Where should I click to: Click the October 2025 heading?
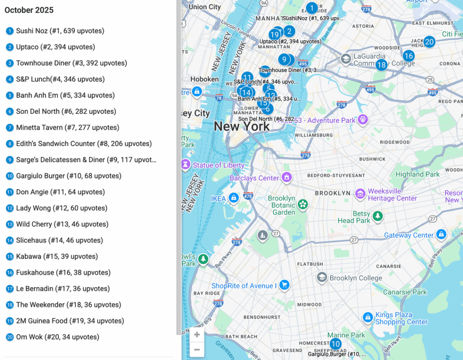[29, 10]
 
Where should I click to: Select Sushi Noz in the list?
[60, 31]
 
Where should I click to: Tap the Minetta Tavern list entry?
[67, 128]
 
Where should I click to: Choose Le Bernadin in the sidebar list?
[63, 289]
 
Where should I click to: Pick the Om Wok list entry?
[57, 337]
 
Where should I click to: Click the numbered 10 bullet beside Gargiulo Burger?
[9, 176]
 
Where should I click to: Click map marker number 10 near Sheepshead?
[335, 344]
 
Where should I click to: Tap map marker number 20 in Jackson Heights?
[429, 42]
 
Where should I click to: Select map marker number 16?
[408, 56]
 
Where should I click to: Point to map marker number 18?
[381, 65]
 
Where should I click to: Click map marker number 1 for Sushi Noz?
[312, 8]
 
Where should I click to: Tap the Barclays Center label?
[254, 178]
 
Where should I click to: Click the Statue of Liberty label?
[218, 165]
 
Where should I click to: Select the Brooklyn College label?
[355, 278]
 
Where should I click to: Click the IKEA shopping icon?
[233, 198]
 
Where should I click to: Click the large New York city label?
[241, 126]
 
